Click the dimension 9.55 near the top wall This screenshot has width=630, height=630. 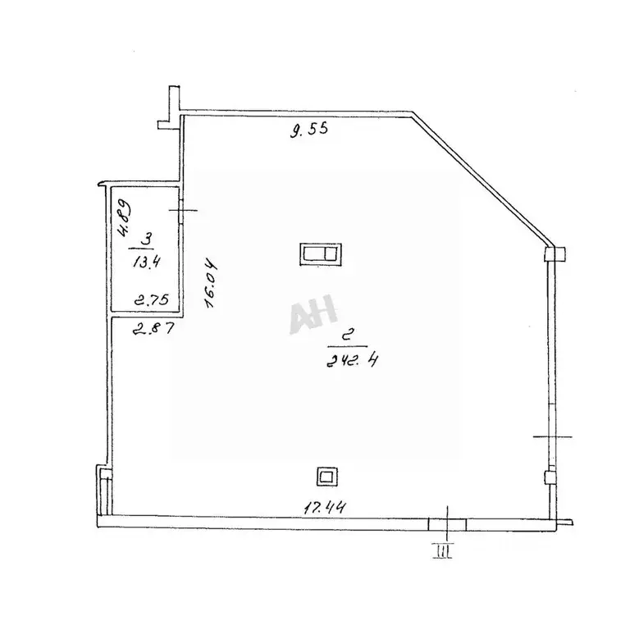point(309,130)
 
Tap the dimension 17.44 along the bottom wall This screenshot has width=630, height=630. point(324,508)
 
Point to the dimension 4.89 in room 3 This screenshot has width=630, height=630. point(123,217)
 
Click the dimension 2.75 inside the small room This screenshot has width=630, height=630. point(152,299)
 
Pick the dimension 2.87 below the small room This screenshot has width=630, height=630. point(153,328)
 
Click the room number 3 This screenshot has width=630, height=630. point(147,240)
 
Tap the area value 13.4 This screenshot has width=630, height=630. point(147,262)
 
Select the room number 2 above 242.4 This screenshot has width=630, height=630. point(349,335)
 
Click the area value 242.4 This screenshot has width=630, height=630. point(352,360)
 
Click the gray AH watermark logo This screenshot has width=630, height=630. point(313,314)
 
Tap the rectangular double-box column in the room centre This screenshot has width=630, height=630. point(321,254)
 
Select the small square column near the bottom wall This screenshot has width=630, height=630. point(326,477)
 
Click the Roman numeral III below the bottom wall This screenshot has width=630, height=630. point(442,550)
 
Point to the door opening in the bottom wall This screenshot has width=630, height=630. point(447,525)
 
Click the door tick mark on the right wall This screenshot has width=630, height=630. point(552,436)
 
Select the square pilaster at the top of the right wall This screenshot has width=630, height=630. point(555,254)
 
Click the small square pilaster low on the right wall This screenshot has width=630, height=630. point(550,477)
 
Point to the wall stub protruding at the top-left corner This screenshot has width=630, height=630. point(170,107)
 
